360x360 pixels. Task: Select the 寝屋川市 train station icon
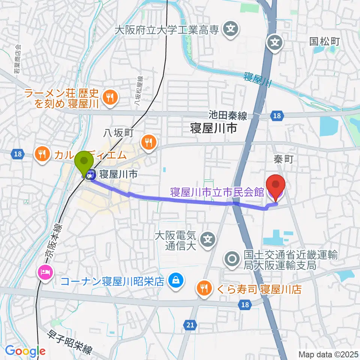coord(90,174)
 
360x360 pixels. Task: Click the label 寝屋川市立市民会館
coord(217,193)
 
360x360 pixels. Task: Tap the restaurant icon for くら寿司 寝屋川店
coord(204,288)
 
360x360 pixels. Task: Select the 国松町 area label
coord(324,41)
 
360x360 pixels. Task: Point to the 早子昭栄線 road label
coord(70,342)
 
